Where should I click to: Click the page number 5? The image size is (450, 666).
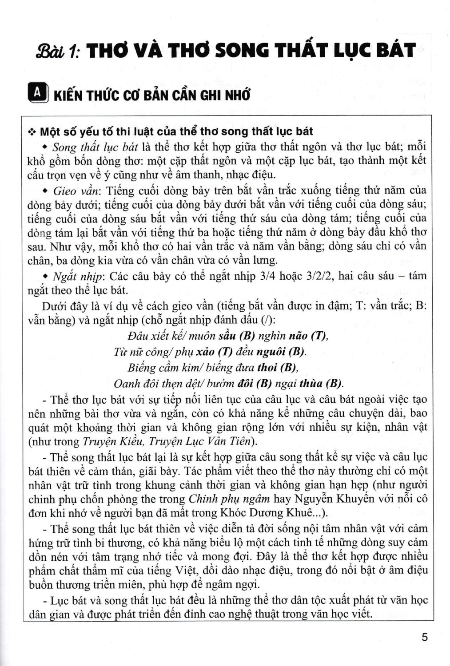coord(425,638)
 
